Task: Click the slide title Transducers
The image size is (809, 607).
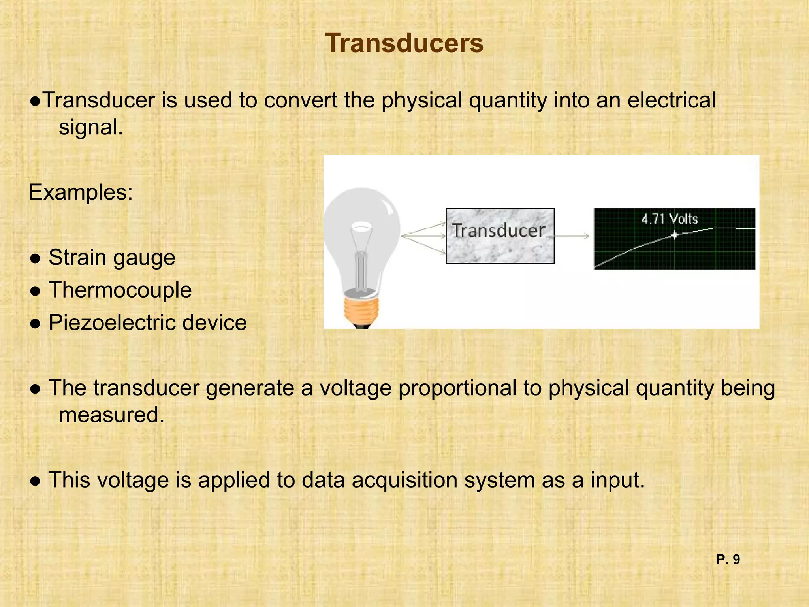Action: point(404,43)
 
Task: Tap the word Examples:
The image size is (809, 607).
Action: point(81,192)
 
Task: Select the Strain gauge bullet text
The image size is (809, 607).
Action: point(112,258)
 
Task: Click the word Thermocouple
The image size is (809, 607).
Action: point(120,290)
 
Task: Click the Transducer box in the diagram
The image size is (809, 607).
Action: point(500,236)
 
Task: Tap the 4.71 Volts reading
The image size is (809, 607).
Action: point(670,219)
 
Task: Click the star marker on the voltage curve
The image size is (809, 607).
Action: point(675,236)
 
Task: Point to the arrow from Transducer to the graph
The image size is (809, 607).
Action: point(572,236)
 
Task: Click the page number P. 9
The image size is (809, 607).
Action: point(728,560)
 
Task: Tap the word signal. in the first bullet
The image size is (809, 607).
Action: point(91,127)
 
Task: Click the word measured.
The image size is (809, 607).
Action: point(111,415)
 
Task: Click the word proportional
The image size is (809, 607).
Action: point(457,388)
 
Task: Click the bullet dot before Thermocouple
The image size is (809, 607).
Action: point(36,291)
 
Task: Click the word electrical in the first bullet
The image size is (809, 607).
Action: point(671,100)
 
